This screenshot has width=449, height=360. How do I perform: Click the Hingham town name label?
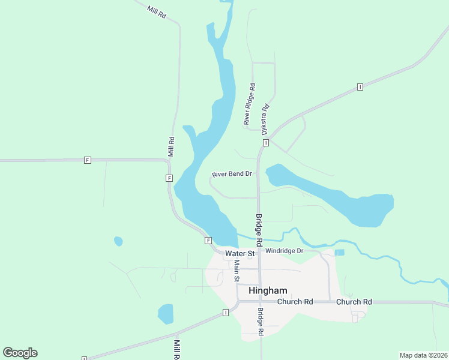coord(268,290)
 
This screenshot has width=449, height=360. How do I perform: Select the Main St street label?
coord(237,271)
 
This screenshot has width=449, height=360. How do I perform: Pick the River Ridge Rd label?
coord(250,104)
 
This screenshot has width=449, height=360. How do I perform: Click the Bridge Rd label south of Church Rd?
coord(261,322)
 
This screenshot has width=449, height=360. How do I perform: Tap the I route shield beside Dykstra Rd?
coord(265,142)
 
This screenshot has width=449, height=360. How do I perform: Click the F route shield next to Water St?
coord(208,241)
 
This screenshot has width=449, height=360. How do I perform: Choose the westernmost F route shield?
coord(88,160)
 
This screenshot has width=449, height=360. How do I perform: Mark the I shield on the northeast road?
coord(360,87)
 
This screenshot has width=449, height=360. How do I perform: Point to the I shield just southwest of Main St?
coord(225,313)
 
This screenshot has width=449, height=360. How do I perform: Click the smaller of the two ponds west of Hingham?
coord(118,241)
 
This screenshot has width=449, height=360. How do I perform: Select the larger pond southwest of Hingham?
coord(165,313)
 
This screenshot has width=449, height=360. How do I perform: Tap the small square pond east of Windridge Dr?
coord(339,253)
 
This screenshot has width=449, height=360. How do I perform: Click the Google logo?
coord(20,353)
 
